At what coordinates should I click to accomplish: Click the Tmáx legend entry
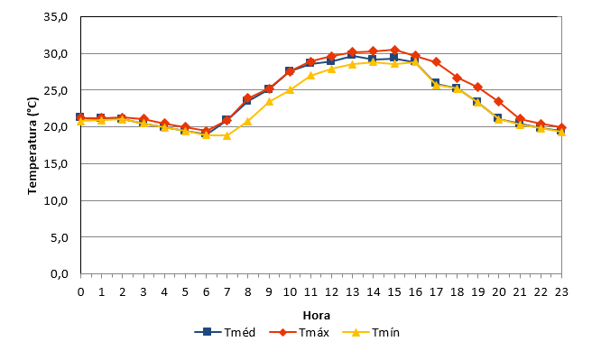(299, 332)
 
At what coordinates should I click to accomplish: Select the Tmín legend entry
(371, 332)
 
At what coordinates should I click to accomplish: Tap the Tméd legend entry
(225, 332)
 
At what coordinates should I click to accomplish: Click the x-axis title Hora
(316, 316)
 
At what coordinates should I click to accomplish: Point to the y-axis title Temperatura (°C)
(32, 145)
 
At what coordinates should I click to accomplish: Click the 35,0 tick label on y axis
(56, 17)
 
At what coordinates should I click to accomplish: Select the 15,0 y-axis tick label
(56, 163)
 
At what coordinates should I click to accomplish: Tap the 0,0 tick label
(60, 274)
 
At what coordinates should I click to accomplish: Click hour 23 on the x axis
(561, 292)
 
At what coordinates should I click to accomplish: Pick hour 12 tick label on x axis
(331, 292)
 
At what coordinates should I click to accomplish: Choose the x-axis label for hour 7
(227, 292)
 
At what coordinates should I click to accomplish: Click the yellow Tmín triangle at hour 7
(227, 135)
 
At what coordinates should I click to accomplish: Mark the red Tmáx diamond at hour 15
(394, 50)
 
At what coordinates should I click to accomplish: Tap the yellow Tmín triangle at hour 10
(290, 89)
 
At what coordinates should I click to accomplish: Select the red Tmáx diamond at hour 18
(457, 78)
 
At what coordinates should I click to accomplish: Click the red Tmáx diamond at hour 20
(499, 102)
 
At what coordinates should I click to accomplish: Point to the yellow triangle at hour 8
(248, 122)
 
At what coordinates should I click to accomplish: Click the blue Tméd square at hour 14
(374, 59)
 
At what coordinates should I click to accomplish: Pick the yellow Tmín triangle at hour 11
(310, 76)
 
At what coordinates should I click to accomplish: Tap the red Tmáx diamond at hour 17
(436, 61)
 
